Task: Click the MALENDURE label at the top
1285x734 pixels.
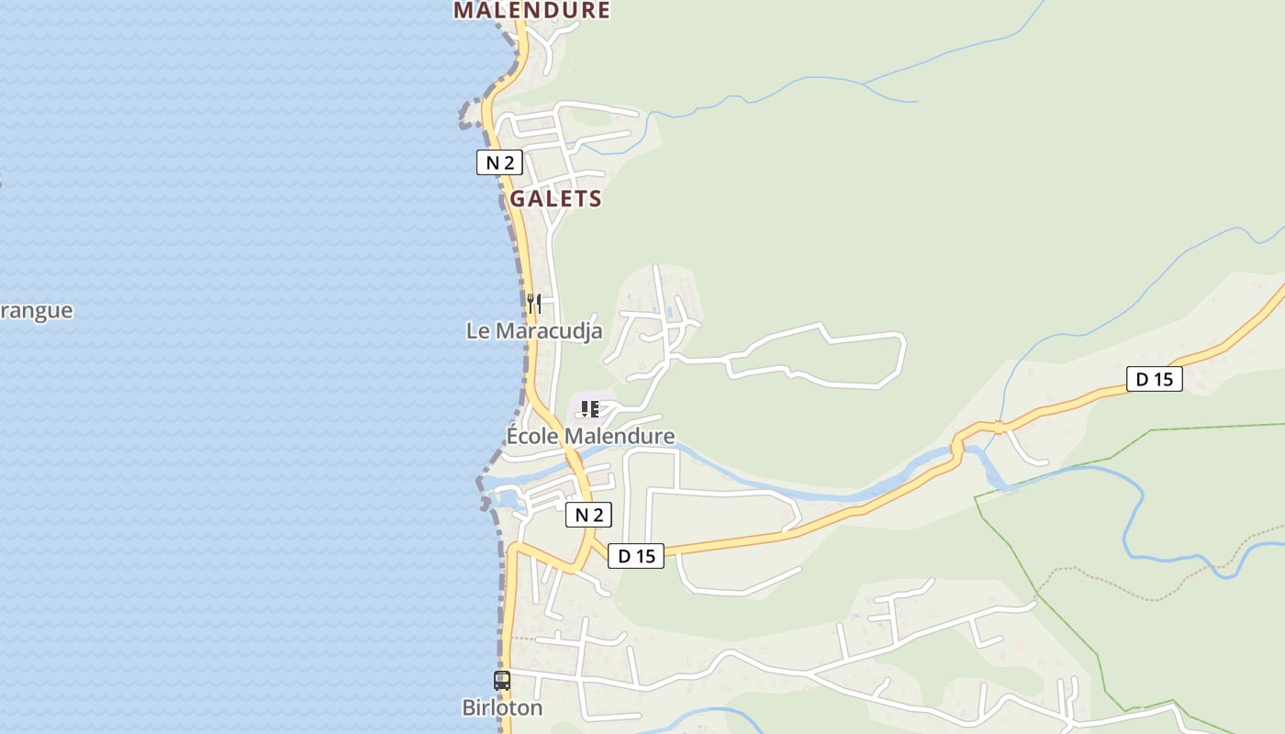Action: tap(531, 10)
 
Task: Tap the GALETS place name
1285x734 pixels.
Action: tap(555, 198)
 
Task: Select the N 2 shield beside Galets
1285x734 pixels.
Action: tap(499, 163)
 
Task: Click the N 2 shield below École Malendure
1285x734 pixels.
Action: tap(587, 515)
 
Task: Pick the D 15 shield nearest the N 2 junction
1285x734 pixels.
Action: tap(635, 556)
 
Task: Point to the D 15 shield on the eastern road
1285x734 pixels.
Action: tap(1154, 379)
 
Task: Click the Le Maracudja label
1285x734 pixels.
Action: tap(534, 331)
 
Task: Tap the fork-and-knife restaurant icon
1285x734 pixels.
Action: tap(533, 302)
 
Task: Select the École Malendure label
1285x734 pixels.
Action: tap(590, 436)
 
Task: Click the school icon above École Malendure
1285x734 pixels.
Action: tap(589, 408)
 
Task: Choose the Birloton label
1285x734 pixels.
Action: tap(501, 707)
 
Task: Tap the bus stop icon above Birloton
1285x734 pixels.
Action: tap(501, 680)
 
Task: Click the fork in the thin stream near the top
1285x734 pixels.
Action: tap(863, 83)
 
